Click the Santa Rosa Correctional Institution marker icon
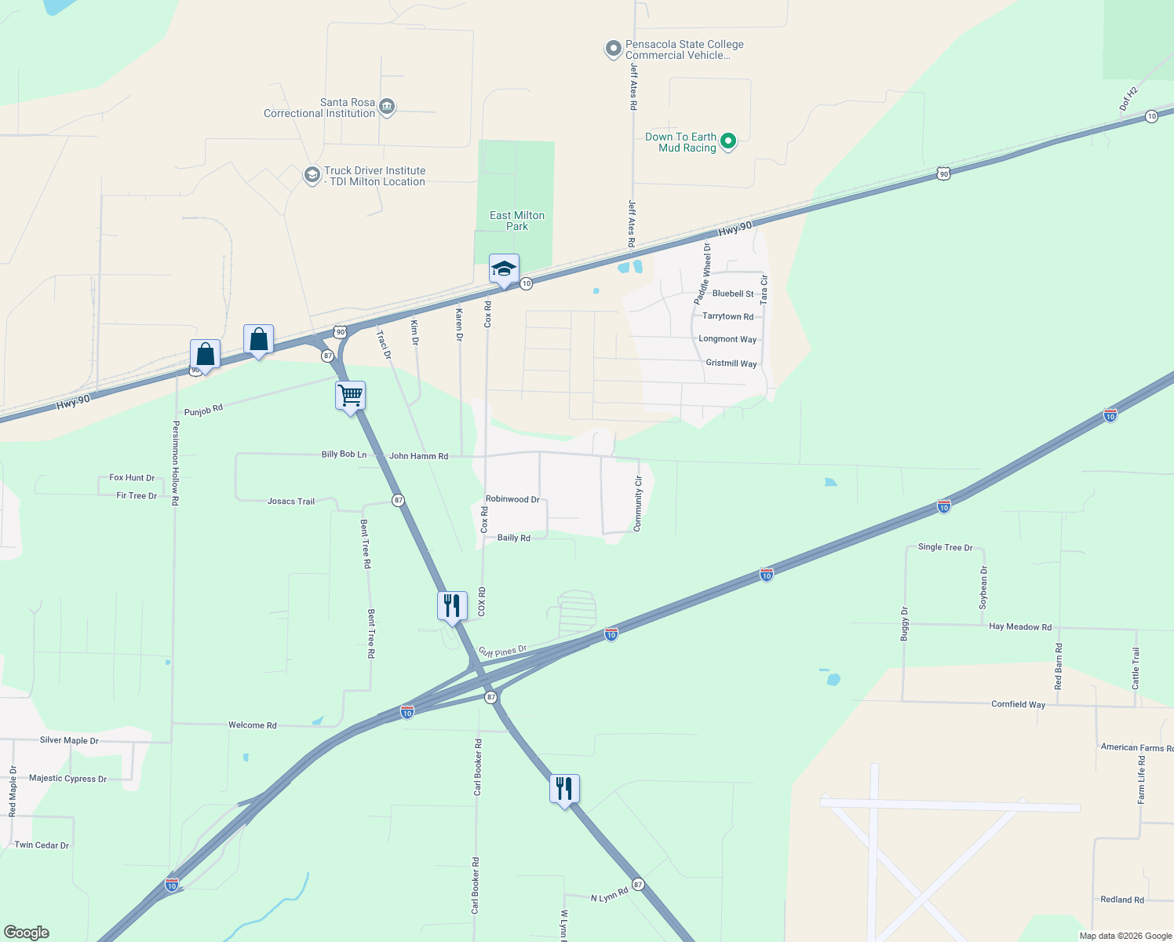(386, 108)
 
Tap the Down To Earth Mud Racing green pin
(727, 141)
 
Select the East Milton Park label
(516, 221)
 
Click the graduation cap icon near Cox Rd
(504, 269)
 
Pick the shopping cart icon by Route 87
(350, 396)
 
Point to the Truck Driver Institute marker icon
(312, 175)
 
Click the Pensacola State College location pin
(613, 49)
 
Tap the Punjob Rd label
(203, 410)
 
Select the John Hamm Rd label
(418, 456)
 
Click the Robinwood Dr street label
(512, 499)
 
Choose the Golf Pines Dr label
(502, 652)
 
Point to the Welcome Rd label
(252, 725)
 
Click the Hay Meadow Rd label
(1020, 626)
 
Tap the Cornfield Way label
(1018, 704)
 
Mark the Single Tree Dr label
(945, 547)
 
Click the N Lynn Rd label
(609, 894)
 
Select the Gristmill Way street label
(731, 363)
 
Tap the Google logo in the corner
(27, 933)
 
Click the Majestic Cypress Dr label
(67, 779)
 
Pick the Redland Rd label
(1121, 900)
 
